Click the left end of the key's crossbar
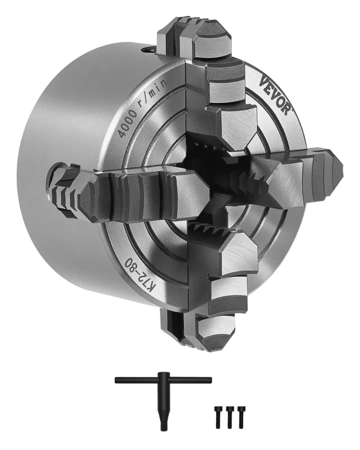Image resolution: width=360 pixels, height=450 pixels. [x=118, y=381]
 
